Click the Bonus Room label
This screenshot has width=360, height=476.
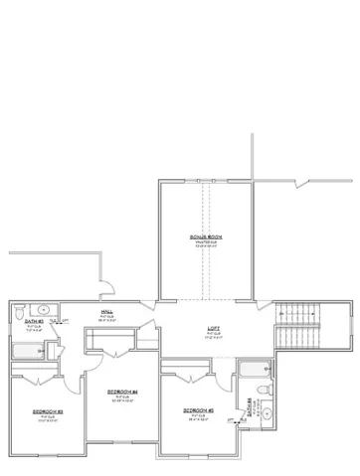[206, 236]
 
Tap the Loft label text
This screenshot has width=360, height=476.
[213, 328]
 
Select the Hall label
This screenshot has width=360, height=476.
[106, 312]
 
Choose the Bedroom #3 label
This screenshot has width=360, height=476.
[48, 410]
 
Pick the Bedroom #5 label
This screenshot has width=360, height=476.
[199, 410]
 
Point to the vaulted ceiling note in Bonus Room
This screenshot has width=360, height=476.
[206, 241]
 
